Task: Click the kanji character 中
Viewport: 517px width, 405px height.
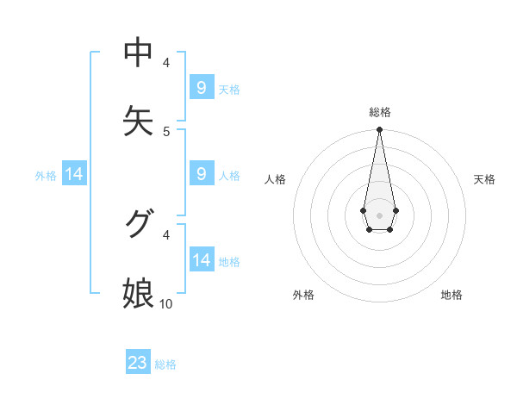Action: point(138,53)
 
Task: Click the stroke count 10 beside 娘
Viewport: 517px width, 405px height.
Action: point(166,303)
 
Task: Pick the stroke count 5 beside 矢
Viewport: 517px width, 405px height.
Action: point(166,131)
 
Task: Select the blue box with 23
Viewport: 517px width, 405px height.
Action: point(138,363)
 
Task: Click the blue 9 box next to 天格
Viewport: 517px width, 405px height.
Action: point(202,88)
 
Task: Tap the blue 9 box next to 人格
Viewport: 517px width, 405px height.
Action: point(202,174)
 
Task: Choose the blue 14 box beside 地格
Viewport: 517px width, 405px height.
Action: point(202,260)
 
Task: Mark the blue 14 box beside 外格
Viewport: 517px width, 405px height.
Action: point(74,174)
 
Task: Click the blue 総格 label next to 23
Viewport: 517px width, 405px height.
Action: point(165,364)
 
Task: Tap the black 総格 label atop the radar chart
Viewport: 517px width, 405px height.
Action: point(380,112)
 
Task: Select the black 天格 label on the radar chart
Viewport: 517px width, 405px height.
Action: point(484,179)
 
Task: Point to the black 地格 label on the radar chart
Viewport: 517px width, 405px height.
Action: point(452,295)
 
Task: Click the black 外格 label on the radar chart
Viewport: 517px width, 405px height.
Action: point(303,295)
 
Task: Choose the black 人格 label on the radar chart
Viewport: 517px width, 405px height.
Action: point(276,179)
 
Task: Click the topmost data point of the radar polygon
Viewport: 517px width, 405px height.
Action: point(379,130)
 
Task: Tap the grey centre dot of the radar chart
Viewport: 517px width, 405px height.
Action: point(379,214)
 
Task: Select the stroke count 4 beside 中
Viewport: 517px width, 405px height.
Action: point(166,62)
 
